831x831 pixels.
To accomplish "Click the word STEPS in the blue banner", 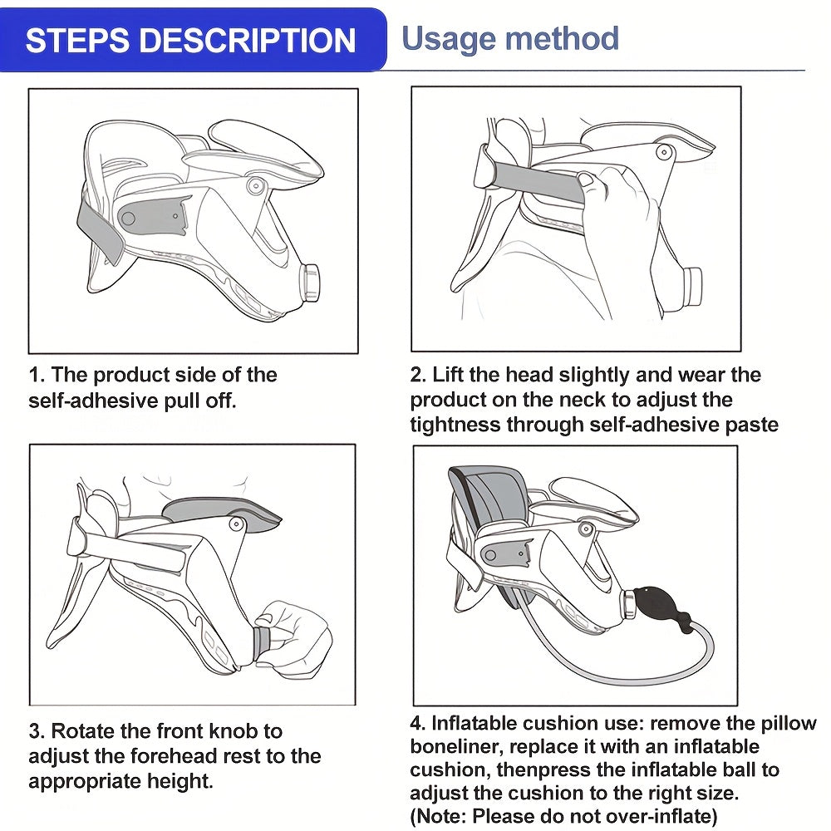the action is point(76,40).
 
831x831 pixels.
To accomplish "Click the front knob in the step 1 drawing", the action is point(311,283).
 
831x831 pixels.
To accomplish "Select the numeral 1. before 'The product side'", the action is point(37,376).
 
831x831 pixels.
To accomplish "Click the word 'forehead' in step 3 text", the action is point(167,755).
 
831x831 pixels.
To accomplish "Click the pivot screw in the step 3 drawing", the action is point(236,524).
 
